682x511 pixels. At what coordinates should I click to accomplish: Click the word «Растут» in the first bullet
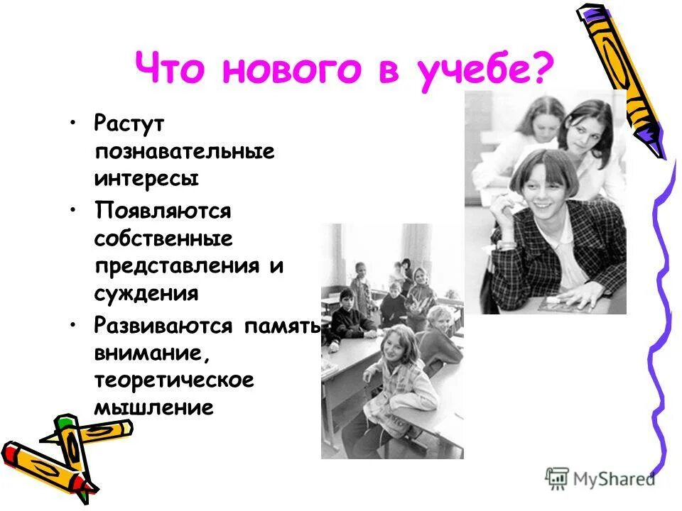coord(129,123)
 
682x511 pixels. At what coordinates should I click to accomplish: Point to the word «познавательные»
coord(183,152)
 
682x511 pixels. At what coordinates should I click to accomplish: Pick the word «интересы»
coord(146,178)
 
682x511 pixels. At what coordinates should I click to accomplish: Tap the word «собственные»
coord(163,238)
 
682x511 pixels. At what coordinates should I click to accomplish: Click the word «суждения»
coord(146,292)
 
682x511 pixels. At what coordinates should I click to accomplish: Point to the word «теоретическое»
coord(173,380)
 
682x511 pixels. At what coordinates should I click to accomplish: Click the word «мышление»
coord(153,407)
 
